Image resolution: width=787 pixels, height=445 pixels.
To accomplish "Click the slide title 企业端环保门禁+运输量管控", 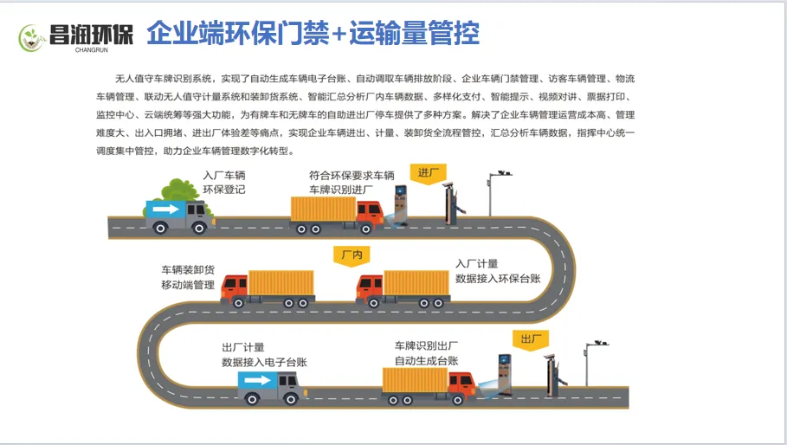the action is pyautogui.click(x=313, y=34).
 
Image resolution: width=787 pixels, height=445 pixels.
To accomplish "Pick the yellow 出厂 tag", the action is pyautogui.click(x=529, y=338).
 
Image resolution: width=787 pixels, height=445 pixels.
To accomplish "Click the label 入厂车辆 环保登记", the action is pyautogui.click(x=224, y=182).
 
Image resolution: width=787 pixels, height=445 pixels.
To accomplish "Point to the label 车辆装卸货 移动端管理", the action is pyautogui.click(x=188, y=278).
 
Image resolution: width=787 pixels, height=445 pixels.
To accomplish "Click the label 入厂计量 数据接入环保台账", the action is pyautogui.click(x=498, y=271).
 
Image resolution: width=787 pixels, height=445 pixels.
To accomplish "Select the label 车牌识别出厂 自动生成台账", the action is pyautogui.click(x=427, y=353).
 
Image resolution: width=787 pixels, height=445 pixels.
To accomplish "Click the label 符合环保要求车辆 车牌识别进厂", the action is pyautogui.click(x=345, y=182).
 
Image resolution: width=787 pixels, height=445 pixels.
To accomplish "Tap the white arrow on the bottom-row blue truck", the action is pyautogui.click(x=257, y=381).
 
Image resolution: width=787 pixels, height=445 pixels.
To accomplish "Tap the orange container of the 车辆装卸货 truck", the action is pyautogui.click(x=281, y=284).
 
